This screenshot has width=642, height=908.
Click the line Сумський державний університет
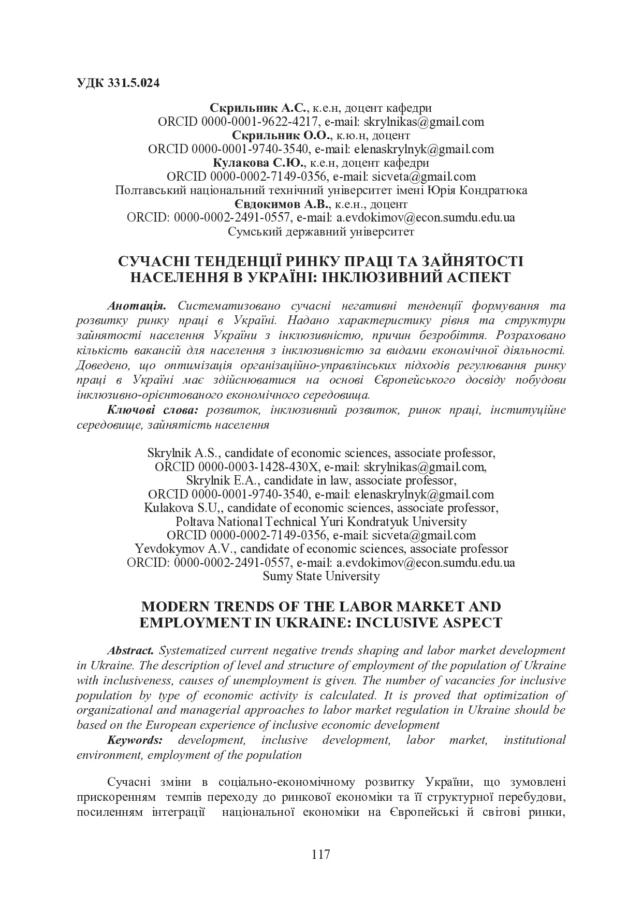point(321,231)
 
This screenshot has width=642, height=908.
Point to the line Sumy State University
point(321,576)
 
